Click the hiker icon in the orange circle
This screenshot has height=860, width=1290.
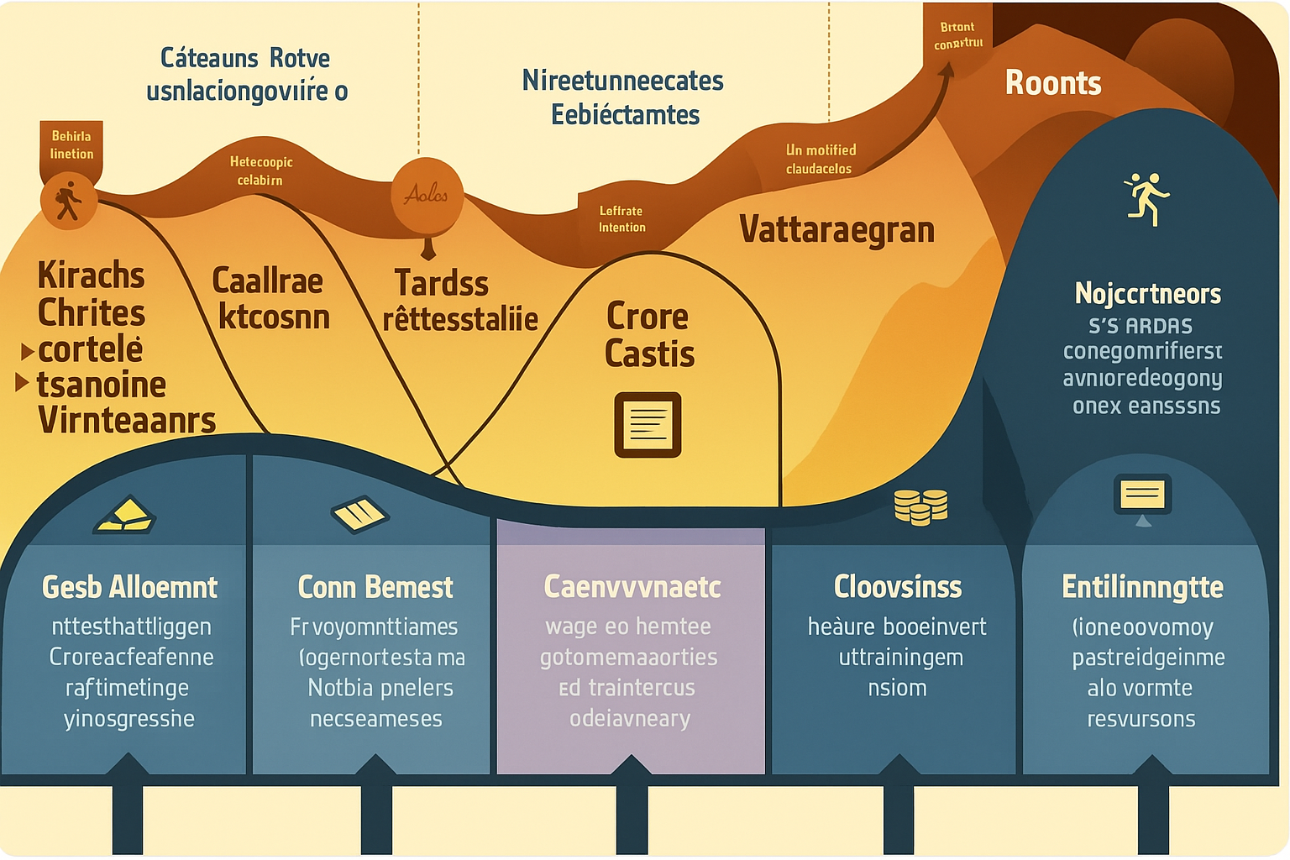(68, 202)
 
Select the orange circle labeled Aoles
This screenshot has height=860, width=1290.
(427, 195)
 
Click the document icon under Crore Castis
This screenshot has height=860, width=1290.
(648, 424)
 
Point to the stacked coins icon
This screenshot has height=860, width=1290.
(920, 506)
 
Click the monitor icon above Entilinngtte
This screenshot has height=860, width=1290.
(1142, 496)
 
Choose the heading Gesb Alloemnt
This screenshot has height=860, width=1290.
(129, 587)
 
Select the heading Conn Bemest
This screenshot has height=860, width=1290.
(375, 587)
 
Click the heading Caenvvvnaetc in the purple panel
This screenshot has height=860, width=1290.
(632, 587)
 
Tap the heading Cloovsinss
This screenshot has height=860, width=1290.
(897, 587)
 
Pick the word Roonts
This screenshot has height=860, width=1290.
(1052, 83)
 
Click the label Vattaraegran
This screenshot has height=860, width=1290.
(836, 229)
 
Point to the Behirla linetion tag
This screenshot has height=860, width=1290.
(71, 144)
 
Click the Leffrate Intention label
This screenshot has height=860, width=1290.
(621, 219)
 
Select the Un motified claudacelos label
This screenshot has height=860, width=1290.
(821, 159)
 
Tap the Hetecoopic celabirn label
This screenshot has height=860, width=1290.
(261, 170)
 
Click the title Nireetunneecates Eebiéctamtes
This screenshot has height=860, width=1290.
(623, 97)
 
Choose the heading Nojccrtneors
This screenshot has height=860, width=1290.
(1147, 293)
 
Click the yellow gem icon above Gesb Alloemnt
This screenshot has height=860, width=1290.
(124, 515)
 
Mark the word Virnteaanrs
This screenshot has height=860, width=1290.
(127, 420)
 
